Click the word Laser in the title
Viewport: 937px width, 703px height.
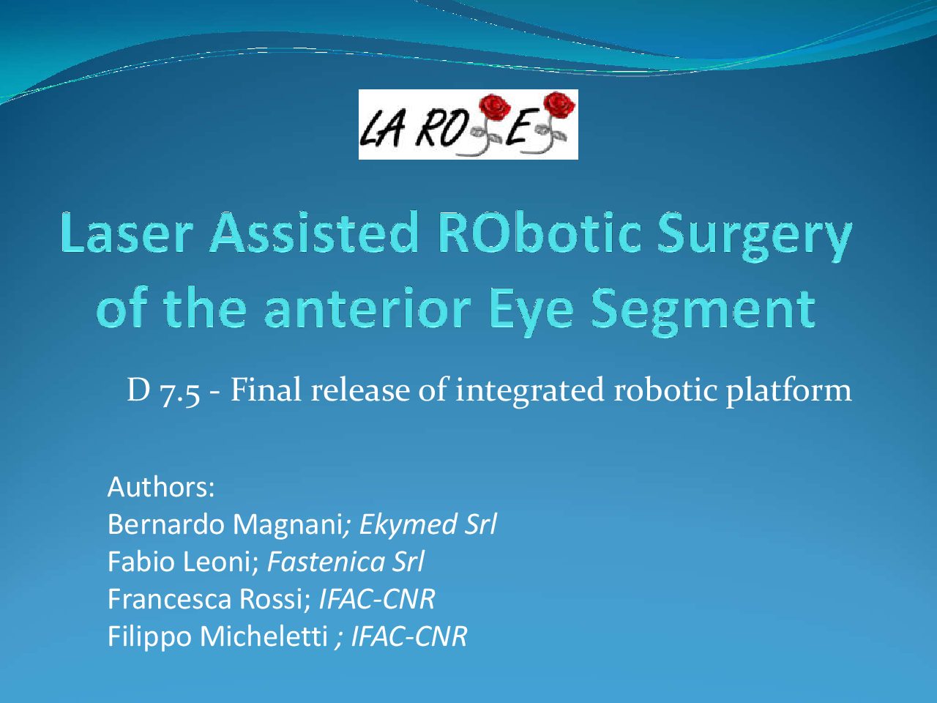(x=127, y=234)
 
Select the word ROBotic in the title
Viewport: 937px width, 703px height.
(x=540, y=234)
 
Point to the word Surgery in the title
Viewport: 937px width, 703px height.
(x=754, y=238)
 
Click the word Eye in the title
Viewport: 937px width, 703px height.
(x=531, y=310)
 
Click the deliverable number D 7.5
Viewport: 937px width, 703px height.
(x=163, y=390)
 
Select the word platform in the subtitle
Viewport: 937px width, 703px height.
(x=788, y=390)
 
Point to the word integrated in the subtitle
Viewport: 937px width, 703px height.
(x=530, y=390)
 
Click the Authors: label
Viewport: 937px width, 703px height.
(x=161, y=487)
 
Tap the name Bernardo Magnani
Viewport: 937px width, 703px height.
(x=225, y=524)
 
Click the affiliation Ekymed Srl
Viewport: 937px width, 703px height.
(x=428, y=524)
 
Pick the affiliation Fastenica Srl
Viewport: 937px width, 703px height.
(x=346, y=561)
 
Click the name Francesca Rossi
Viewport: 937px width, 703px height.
(x=206, y=598)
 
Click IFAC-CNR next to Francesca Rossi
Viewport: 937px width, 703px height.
(x=377, y=598)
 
